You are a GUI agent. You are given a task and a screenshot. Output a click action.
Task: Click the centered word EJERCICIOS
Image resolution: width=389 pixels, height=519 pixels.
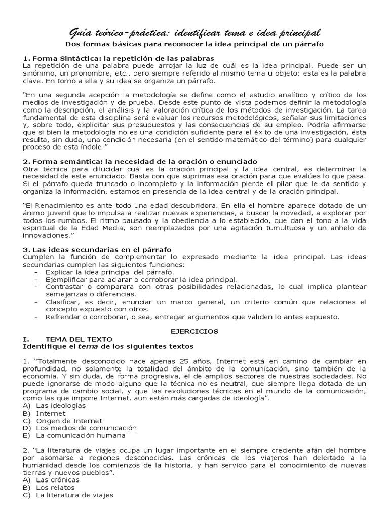pos(194,331)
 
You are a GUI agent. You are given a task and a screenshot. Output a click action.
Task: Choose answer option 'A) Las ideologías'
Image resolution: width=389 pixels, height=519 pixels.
pos(54,406)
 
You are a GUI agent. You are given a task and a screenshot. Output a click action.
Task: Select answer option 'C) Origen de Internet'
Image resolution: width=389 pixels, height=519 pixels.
pos(62,421)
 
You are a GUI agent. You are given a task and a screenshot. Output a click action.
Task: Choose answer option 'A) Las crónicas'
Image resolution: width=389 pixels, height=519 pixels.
pos(51,479)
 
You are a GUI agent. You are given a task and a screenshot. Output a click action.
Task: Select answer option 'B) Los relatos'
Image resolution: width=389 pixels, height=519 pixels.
pos(49,487)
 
